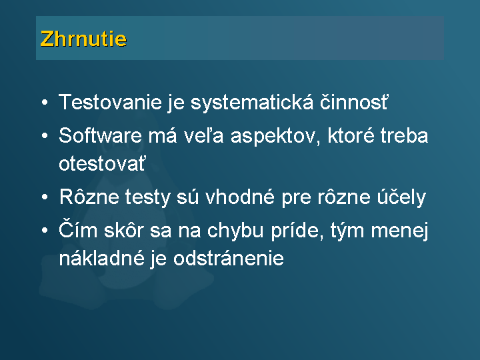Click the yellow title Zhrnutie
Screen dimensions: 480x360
click(83, 39)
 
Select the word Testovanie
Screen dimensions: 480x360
click(110, 102)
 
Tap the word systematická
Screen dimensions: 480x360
click(252, 103)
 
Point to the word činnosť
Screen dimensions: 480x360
click(354, 102)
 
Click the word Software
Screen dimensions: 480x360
click(100, 135)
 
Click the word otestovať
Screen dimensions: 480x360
click(102, 163)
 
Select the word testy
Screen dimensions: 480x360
click(147, 197)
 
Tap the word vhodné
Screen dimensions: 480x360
click(240, 197)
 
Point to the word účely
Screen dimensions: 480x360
click(401, 198)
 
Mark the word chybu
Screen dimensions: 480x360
click(235, 231)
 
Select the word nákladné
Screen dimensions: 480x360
click(101, 258)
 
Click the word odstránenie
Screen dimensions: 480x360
click(229, 258)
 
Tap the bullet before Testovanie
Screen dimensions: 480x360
click(45, 103)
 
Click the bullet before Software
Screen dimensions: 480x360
click(45, 135)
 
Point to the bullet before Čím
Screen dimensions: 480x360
click(45, 230)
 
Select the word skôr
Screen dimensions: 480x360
click(124, 229)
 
